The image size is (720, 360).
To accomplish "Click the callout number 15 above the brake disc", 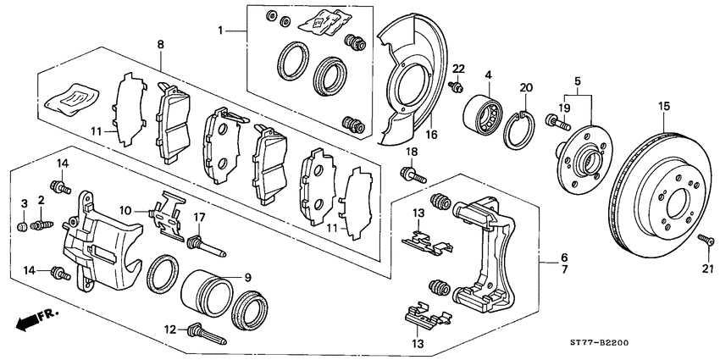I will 664,106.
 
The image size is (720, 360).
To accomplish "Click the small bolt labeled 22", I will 457,85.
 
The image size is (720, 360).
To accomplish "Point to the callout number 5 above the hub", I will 578,82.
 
